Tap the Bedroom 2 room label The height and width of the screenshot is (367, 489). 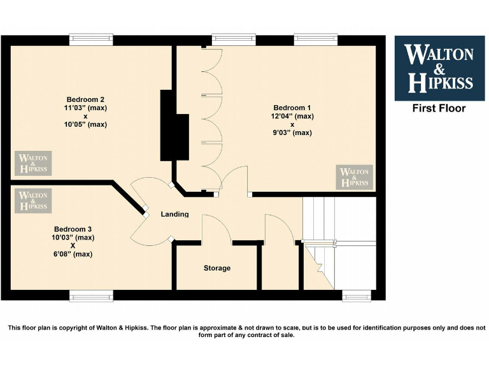point(85,99)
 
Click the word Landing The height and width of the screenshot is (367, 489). point(174,214)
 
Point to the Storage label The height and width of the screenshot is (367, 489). point(217,268)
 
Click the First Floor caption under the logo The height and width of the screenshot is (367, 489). point(439,108)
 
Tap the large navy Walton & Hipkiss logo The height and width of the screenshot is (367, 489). point(439,68)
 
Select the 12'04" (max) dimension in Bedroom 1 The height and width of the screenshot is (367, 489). point(293,116)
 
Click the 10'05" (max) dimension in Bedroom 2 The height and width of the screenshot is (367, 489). point(85,124)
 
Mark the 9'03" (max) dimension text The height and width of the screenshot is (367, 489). point(293,133)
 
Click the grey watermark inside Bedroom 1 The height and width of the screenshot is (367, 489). point(355,177)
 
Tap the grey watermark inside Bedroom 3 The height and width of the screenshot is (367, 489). point(33,201)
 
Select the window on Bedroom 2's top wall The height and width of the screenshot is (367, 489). point(91,39)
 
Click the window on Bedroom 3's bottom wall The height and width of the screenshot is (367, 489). point(91,296)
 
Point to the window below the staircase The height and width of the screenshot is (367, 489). point(357,296)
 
